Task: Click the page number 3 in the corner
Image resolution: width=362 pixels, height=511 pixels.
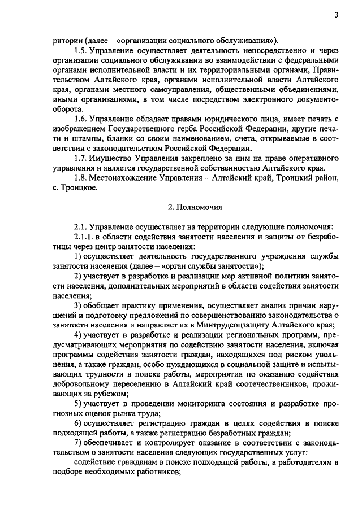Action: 336,15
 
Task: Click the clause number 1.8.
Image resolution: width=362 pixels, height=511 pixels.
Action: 83,178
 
